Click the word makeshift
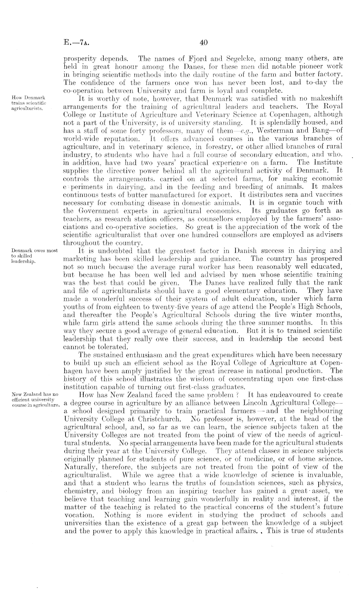tap(328, 98)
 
